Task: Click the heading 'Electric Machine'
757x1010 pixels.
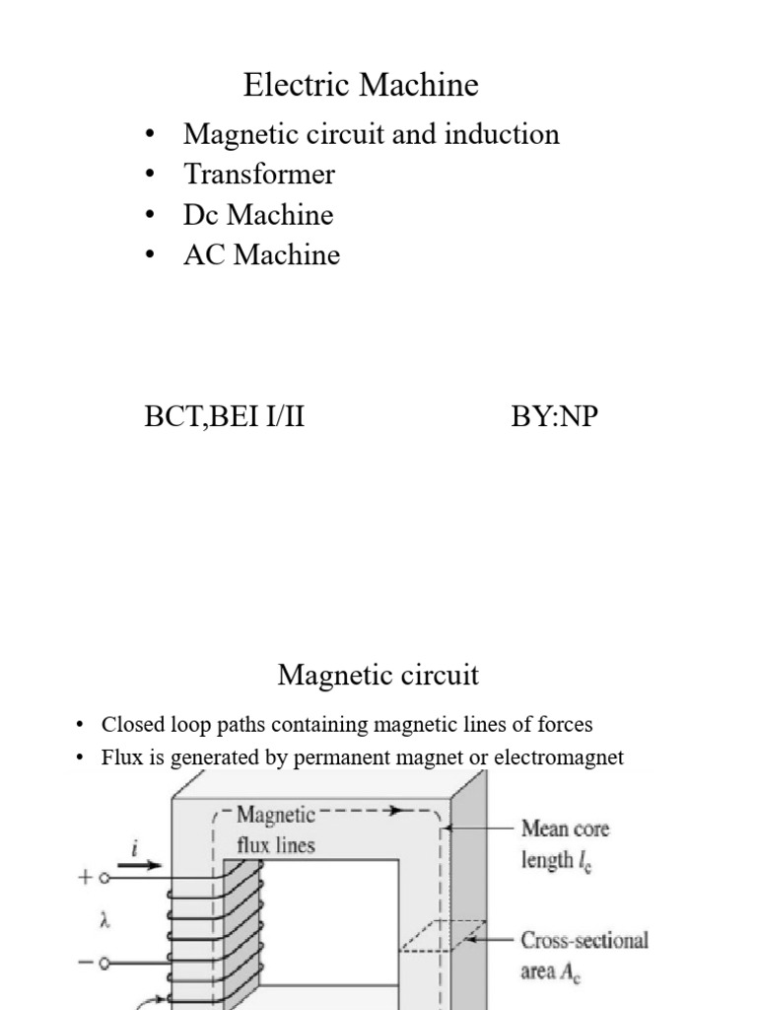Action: [x=361, y=86]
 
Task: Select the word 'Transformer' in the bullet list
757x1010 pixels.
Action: [x=258, y=175]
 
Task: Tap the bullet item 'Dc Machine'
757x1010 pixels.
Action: [x=258, y=215]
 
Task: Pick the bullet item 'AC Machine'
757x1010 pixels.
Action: [x=261, y=255]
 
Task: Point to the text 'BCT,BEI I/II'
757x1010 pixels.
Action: [x=224, y=417]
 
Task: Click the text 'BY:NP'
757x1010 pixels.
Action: [x=554, y=417]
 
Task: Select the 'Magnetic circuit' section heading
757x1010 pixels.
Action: [x=378, y=676]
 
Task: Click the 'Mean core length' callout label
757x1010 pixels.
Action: [x=565, y=844]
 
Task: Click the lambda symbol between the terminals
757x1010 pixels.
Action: [x=104, y=920]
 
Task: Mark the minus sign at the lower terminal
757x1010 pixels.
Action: [x=85, y=963]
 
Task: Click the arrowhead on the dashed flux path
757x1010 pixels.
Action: [x=397, y=811]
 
